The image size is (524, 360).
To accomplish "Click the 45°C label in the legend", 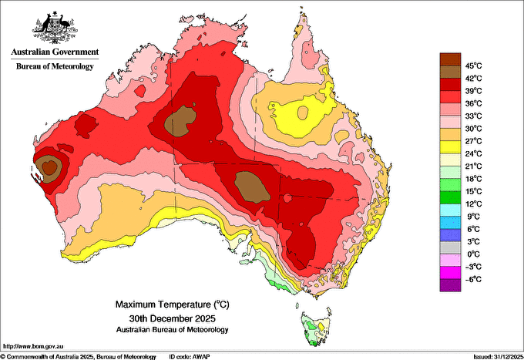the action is click(474, 66).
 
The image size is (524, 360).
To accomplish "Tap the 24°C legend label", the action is click(474, 153).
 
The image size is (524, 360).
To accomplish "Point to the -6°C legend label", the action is click(473, 279).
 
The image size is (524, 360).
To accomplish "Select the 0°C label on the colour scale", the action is click(474, 254).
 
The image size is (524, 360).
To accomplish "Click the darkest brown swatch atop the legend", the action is click(450, 59).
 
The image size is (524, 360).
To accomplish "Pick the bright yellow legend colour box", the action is click(450, 147).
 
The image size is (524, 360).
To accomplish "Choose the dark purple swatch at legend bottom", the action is click(450, 285).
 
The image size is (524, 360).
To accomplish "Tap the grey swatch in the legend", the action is click(450, 247).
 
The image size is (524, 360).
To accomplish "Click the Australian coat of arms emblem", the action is click(55, 28).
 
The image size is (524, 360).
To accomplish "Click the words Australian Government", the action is click(55, 52).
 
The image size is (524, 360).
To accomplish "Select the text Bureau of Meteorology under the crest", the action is click(55, 66).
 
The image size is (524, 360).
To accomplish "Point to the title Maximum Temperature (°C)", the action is click(173, 304).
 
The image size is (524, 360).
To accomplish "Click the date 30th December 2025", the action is click(173, 318).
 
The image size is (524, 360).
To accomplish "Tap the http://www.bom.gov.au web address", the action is click(32, 346).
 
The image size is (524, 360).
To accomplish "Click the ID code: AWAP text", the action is click(190, 357).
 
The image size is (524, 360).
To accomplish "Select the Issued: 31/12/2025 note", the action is click(499, 357).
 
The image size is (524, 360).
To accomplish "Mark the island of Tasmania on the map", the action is click(316, 328).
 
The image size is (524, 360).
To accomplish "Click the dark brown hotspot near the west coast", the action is click(49, 167).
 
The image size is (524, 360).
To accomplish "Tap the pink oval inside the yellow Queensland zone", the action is click(303, 113).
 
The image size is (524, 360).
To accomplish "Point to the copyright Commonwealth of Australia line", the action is click(79, 357).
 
